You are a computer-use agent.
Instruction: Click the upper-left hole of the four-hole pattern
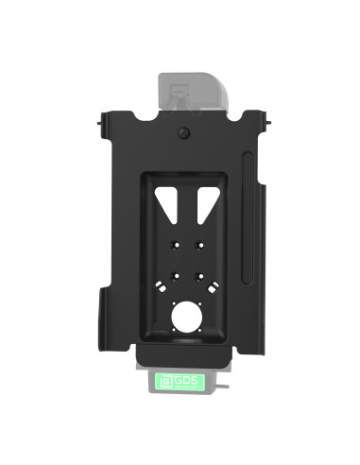[172, 243]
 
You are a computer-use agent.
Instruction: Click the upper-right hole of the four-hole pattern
[199, 243]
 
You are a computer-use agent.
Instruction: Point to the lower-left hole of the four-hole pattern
[172, 277]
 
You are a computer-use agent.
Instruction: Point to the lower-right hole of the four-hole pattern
[199, 277]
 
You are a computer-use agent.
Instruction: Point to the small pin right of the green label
[225, 385]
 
